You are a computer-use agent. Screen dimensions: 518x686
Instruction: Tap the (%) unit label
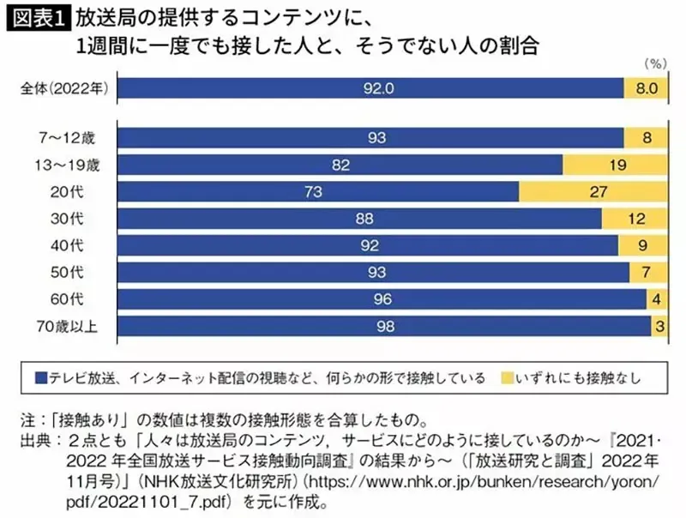click(x=653, y=63)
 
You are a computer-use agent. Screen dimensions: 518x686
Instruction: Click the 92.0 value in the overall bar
click(x=370, y=87)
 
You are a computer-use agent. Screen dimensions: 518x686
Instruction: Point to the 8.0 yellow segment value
click(x=646, y=87)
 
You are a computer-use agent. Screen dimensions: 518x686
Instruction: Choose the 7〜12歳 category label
click(x=76, y=137)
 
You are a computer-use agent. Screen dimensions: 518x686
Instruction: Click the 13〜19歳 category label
click(x=72, y=165)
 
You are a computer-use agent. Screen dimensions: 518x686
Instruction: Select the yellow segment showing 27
click(x=592, y=192)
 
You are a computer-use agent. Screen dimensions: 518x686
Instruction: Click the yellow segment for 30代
click(x=635, y=220)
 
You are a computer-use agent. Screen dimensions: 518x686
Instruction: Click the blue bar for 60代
click(x=382, y=300)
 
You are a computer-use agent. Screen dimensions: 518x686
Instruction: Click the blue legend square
click(x=40, y=376)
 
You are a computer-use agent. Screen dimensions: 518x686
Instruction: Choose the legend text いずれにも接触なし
click(x=575, y=376)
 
